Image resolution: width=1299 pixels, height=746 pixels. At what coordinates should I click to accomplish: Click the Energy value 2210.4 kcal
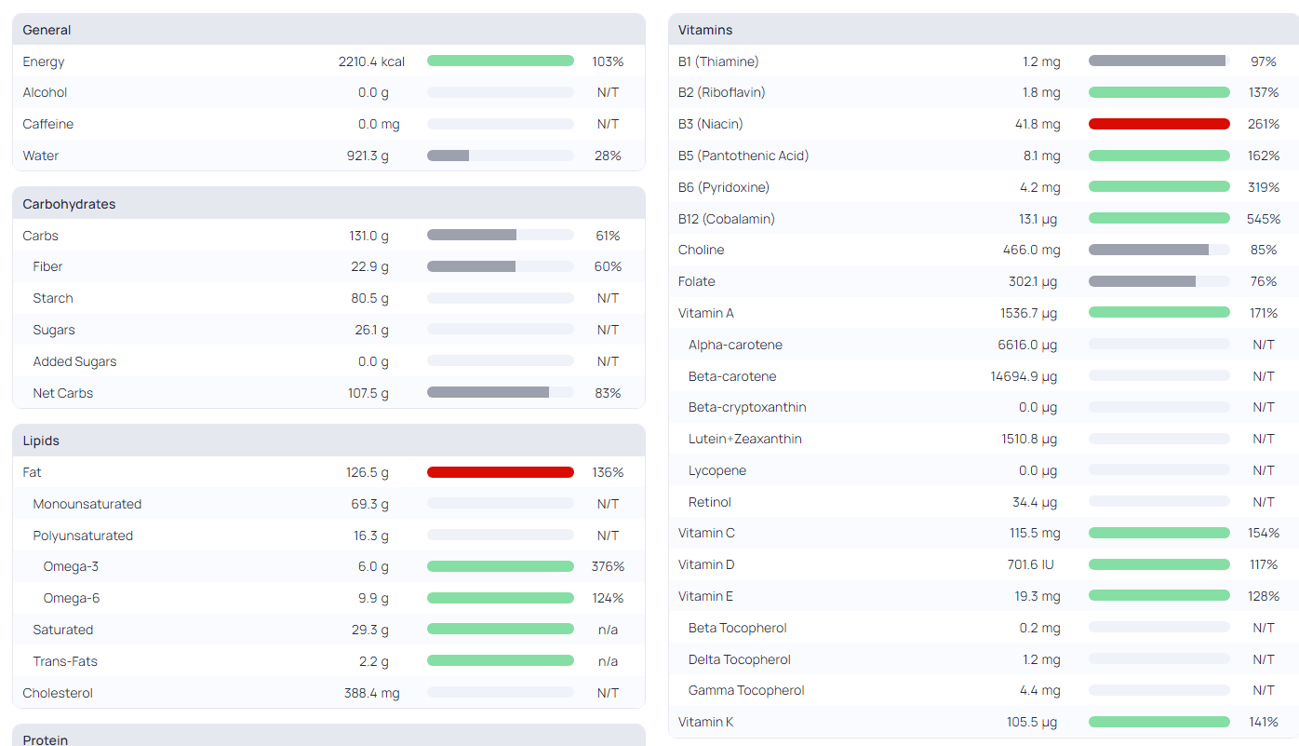click(x=371, y=61)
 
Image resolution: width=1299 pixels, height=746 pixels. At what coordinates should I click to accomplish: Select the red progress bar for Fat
click(x=501, y=472)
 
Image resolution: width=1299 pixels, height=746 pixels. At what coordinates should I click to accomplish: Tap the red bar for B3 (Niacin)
click(x=1159, y=124)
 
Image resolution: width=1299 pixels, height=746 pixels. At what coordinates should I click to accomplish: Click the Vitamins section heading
click(x=705, y=30)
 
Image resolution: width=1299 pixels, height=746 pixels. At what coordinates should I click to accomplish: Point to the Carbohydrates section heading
click(x=69, y=204)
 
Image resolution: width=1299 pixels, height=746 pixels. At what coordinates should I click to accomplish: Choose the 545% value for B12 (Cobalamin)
click(x=1264, y=219)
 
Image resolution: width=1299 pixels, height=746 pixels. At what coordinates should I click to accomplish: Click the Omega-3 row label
click(x=71, y=566)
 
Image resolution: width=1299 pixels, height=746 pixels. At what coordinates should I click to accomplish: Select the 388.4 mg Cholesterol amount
click(x=371, y=693)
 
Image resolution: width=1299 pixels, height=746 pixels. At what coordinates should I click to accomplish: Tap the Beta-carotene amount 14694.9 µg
click(x=1024, y=377)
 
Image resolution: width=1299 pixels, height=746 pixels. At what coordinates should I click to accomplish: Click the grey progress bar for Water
click(x=448, y=156)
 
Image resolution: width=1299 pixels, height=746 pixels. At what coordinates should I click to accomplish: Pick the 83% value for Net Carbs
click(x=608, y=393)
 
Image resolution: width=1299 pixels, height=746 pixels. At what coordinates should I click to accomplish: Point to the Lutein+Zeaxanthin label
click(x=745, y=439)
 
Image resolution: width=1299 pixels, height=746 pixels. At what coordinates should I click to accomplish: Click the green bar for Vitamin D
click(x=1159, y=564)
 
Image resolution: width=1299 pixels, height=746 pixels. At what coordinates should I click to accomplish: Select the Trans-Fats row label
click(x=65, y=661)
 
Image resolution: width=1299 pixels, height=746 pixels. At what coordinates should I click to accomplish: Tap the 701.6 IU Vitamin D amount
click(x=1030, y=564)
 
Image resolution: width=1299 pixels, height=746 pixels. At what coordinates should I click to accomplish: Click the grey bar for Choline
click(x=1148, y=250)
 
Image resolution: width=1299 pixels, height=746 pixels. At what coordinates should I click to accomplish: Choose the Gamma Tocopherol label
click(x=746, y=690)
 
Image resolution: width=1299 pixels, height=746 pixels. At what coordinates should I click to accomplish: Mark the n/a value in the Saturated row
click(x=608, y=630)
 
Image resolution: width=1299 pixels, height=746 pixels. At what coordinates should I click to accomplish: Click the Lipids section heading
click(x=41, y=441)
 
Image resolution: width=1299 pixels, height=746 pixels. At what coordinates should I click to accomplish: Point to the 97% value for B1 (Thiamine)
click(x=1264, y=61)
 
